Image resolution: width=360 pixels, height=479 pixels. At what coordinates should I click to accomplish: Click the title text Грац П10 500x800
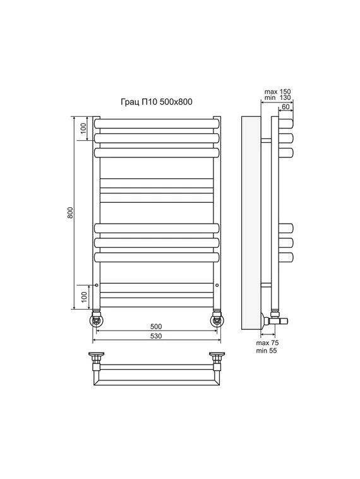[x=157, y=102]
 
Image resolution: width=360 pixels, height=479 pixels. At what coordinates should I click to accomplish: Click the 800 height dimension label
[x=71, y=212]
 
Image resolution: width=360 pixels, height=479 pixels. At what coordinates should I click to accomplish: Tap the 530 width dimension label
[x=156, y=336]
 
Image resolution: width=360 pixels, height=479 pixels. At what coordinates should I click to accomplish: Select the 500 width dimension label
[x=156, y=326]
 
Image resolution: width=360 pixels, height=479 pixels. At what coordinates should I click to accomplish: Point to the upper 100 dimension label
[x=83, y=129]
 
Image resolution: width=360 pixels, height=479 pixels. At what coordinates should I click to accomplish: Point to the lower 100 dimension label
[x=84, y=297]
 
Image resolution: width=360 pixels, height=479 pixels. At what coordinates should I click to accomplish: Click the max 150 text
[x=277, y=92]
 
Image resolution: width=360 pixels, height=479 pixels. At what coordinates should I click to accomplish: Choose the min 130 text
[x=277, y=98]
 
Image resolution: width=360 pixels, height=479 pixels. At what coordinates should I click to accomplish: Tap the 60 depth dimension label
[x=285, y=107]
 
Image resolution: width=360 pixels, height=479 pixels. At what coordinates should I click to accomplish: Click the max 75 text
[x=267, y=343]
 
